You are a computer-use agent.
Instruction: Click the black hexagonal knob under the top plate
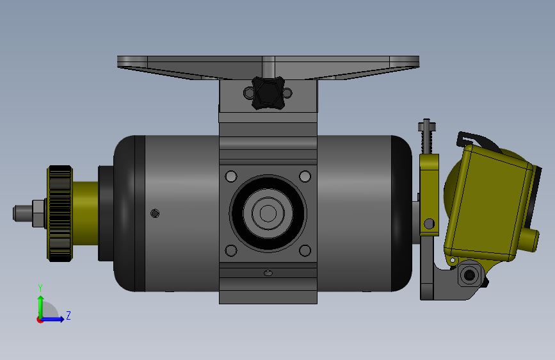(268, 93)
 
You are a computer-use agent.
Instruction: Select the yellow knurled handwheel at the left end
(60, 213)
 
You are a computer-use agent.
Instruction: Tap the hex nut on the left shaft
(38, 213)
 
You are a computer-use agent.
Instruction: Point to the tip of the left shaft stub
(14, 213)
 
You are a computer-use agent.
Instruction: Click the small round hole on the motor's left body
(155, 213)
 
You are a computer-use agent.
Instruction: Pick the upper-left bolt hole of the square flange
(231, 176)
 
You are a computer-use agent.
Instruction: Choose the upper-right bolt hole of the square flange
(305, 176)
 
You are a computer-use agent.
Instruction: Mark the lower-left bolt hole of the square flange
(231, 250)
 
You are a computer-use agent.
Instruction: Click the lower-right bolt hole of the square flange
(305, 250)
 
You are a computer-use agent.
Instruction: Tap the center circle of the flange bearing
(268, 213)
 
